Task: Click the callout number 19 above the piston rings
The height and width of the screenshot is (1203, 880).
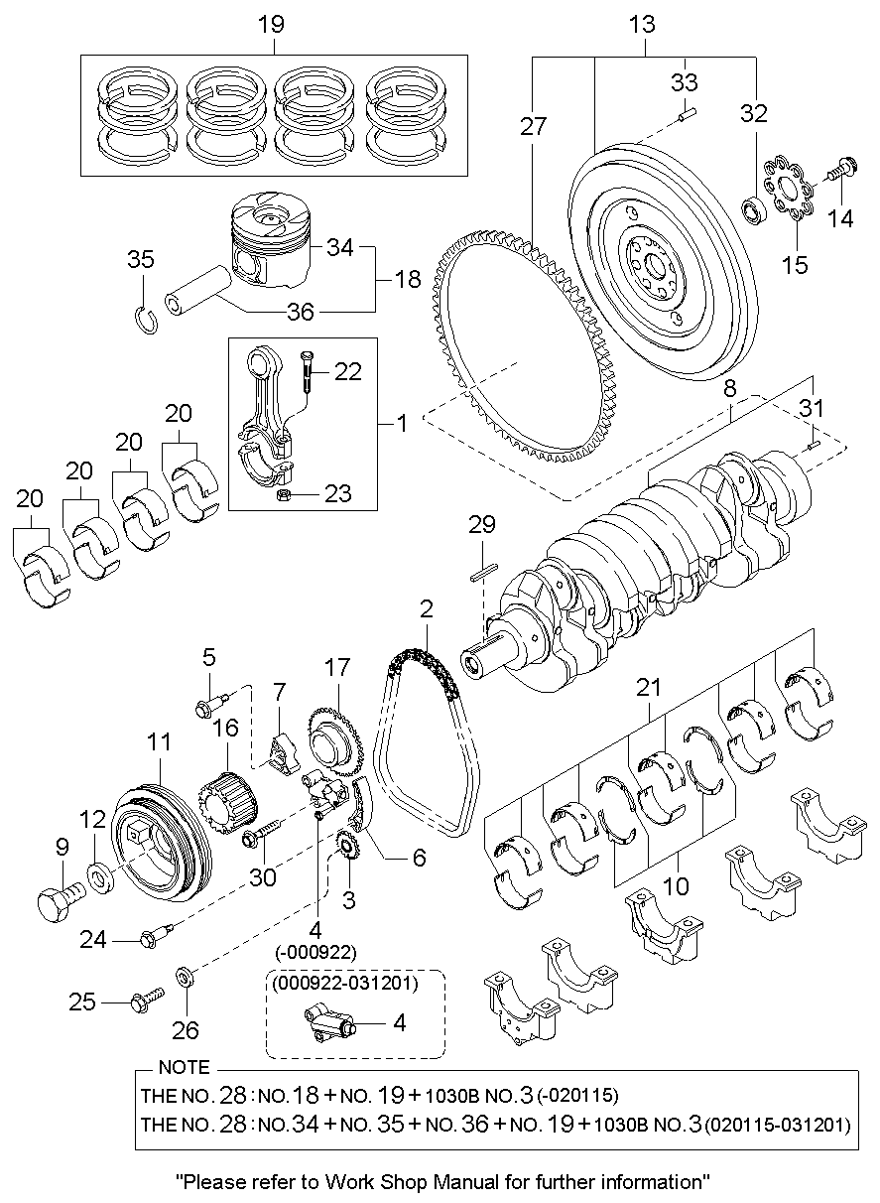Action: point(272,25)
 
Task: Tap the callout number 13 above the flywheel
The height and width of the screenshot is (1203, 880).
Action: point(642,25)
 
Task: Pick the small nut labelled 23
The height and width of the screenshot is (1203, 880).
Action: point(284,494)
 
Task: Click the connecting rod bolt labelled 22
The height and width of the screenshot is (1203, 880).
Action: point(307,371)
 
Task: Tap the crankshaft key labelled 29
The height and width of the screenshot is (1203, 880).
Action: point(484,572)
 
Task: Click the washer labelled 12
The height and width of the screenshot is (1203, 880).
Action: point(100,879)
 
